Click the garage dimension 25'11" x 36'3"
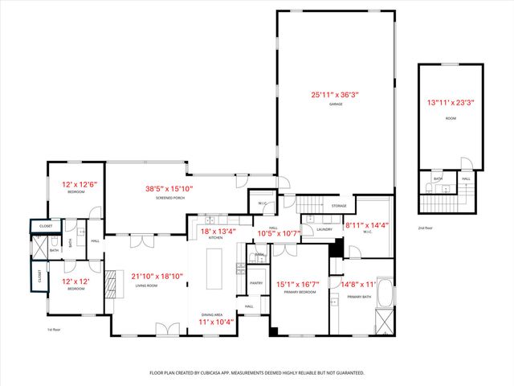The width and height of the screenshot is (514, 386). click(x=335, y=95)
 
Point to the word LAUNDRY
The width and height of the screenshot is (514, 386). click(x=324, y=229)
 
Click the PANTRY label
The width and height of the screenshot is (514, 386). click(x=257, y=283)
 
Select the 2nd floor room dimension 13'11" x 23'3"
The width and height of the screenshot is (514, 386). click(x=451, y=102)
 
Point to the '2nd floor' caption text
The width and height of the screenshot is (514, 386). click(x=426, y=228)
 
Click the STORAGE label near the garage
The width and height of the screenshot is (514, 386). click(x=338, y=207)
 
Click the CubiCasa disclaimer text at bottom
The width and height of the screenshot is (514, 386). click(x=257, y=372)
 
